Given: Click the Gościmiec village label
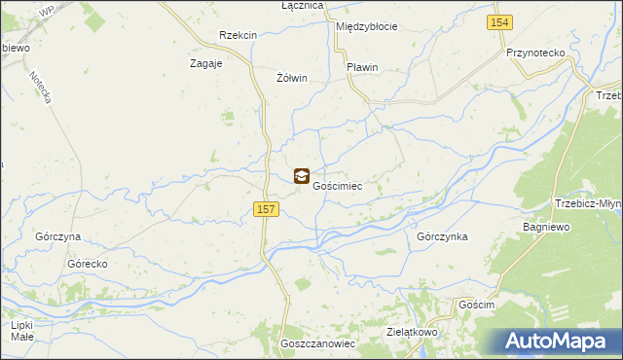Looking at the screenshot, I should [338, 186].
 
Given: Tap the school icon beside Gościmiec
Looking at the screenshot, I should [302, 176].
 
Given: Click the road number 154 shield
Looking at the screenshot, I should [500, 22].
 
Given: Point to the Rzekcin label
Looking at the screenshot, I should [238, 35].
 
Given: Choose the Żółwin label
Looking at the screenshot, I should [292, 78].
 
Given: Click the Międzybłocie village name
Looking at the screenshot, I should [366, 26].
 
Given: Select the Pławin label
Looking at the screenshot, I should [362, 67].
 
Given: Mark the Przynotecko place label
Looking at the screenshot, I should [536, 54].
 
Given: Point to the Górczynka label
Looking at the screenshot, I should [442, 236].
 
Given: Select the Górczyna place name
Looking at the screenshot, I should [57, 237].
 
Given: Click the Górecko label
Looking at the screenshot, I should [87, 264].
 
